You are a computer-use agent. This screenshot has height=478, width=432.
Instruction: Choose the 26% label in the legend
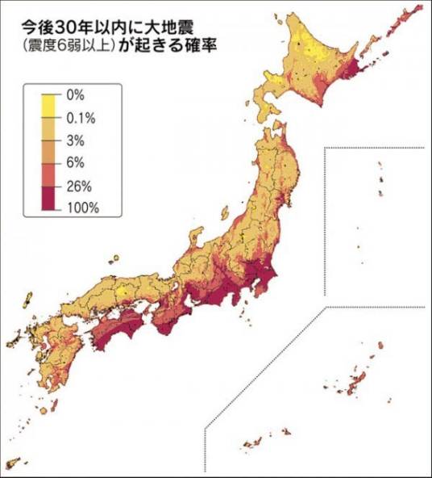pyautogui.click(x=80, y=185)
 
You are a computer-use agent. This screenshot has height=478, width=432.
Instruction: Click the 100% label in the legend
pyautogui.click(x=83, y=208)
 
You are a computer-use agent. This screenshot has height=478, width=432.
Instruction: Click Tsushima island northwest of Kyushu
pyautogui.click(x=27, y=303)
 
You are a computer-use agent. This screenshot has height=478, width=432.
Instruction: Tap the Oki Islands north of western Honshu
pyautogui.click(x=114, y=259)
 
